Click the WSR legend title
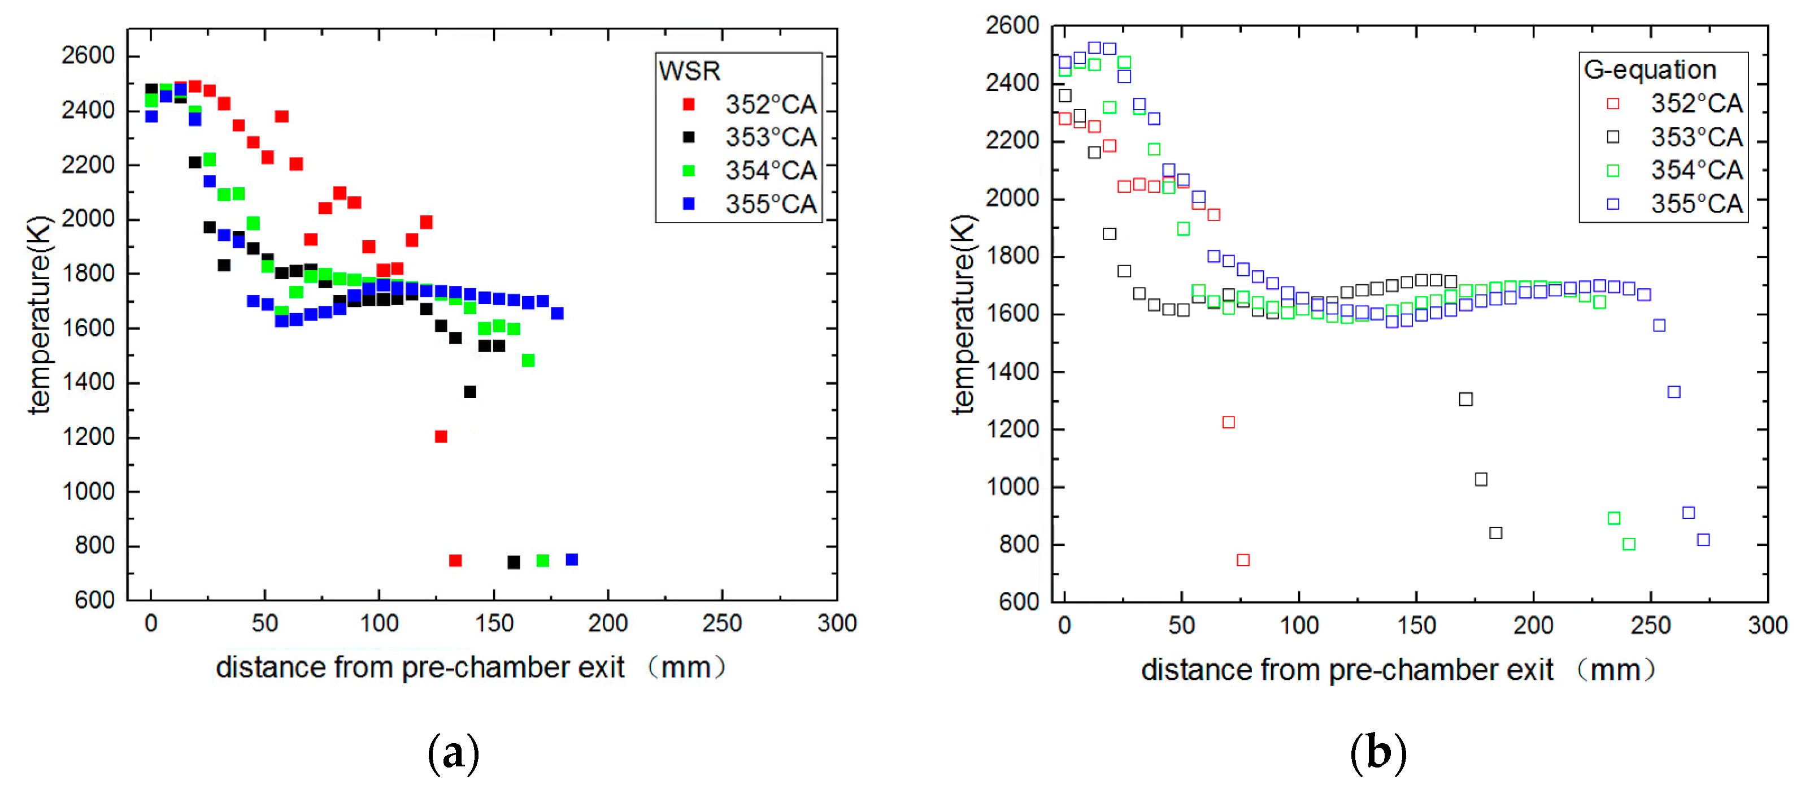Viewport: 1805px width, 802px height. tap(689, 71)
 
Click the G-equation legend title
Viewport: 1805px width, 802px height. tap(1650, 70)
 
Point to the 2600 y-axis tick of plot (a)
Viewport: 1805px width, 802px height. tap(88, 55)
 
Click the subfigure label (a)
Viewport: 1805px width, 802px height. tap(453, 753)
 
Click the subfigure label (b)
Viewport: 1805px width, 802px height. tap(1377, 753)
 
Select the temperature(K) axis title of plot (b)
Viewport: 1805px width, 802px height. tap(963, 314)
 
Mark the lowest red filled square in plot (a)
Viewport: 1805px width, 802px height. tap(455, 560)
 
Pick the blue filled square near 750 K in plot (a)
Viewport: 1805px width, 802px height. tap(572, 560)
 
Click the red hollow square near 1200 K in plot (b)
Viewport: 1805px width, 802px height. tap(1228, 422)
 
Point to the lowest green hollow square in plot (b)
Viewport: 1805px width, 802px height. tap(1629, 544)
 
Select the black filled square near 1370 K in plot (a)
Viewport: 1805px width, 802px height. tap(470, 392)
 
